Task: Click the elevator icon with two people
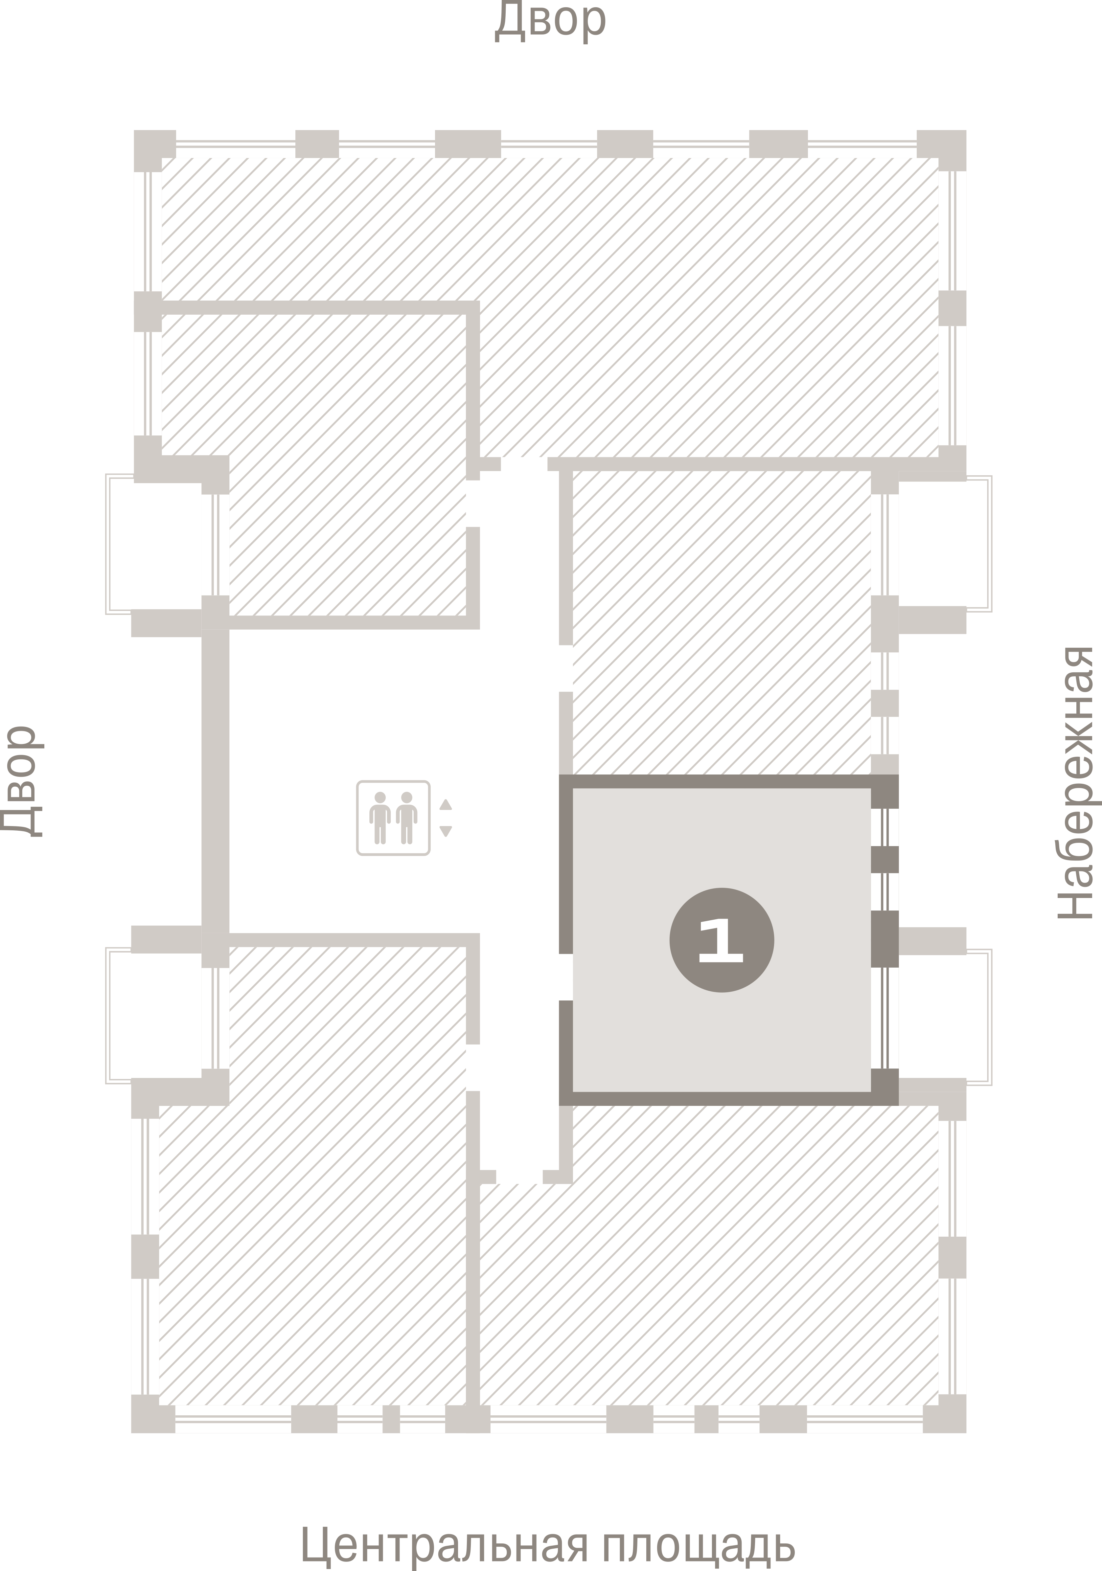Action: tap(393, 818)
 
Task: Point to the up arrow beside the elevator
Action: tap(446, 804)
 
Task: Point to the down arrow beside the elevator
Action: tap(446, 831)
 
